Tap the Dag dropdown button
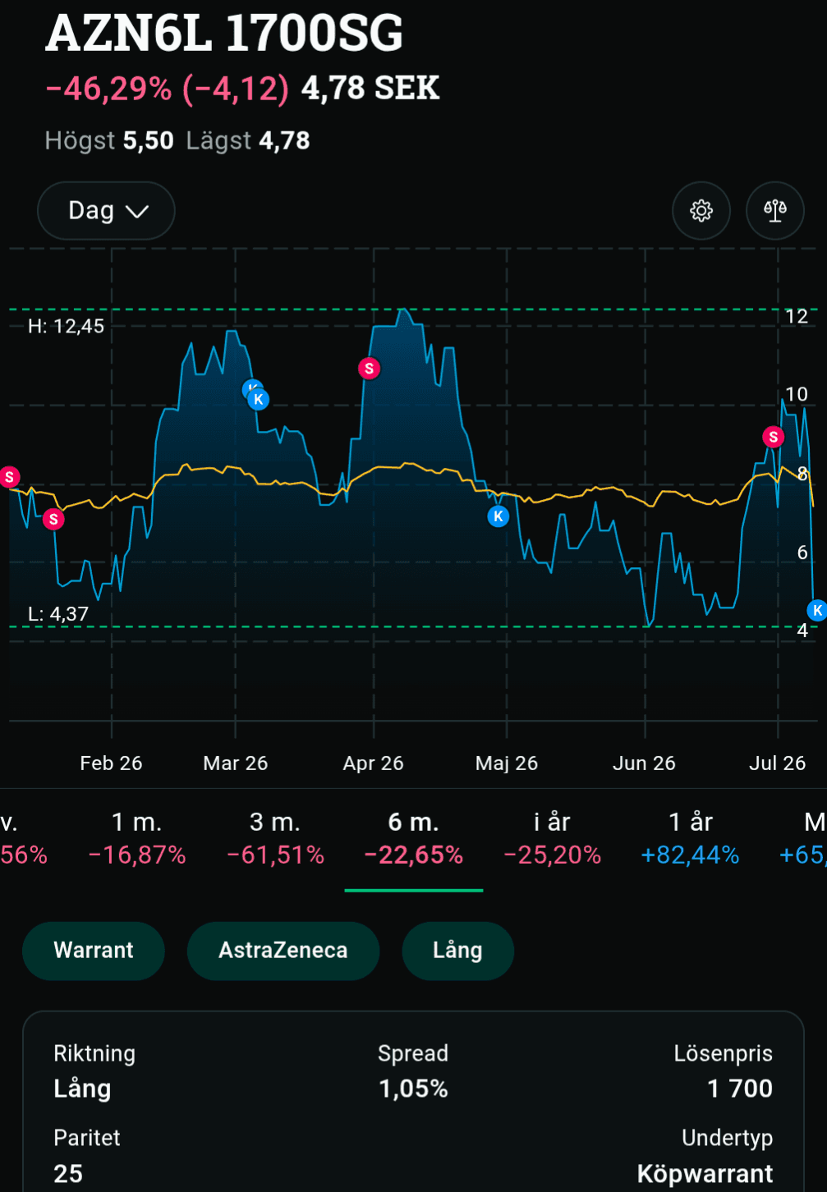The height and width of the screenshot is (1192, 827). coord(106,211)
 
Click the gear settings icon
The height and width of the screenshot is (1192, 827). coord(701,211)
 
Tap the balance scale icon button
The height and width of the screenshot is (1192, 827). coord(774,211)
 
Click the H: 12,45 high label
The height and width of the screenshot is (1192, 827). coord(66,326)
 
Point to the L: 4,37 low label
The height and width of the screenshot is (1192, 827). coord(58,614)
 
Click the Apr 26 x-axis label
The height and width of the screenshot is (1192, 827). coord(373,763)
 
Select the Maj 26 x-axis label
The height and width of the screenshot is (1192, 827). coord(507,763)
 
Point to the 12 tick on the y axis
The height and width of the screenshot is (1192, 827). coord(797,317)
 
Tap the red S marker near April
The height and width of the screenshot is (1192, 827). coord(369,369)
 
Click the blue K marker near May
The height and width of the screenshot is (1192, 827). coord(498,516)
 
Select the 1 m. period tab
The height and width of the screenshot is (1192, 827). coord(137,837)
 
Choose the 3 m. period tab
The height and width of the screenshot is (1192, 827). coord(275,837)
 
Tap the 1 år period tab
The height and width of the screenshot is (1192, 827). coord(690,837)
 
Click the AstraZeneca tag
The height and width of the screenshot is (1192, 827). coord(283,951)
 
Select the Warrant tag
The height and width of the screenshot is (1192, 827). coord(93,951)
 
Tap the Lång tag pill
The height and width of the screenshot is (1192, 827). coord(458,951)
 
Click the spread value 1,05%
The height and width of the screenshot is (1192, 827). coord(413,1089)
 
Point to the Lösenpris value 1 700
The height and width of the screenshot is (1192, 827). coord(740,1089)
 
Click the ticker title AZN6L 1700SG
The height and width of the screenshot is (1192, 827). coord(224,33)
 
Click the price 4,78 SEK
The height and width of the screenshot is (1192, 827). coord(370,88)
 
